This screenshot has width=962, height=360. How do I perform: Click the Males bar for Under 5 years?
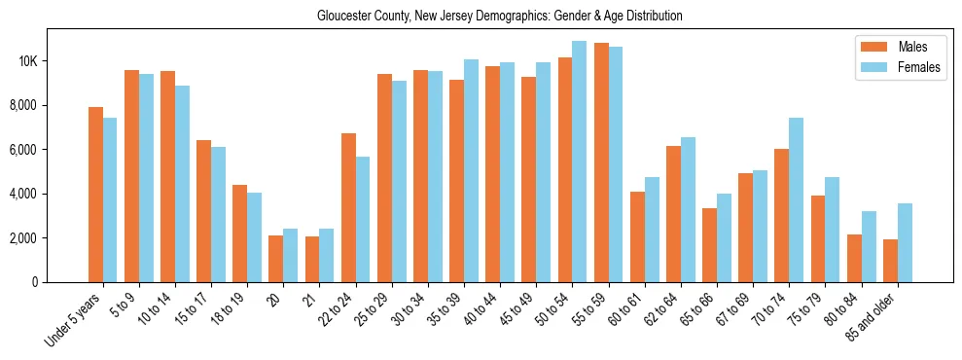tap(95, 195)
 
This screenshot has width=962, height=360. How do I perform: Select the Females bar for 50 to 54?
tap(579, 162)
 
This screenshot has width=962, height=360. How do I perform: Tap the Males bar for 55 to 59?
tap(601, 162)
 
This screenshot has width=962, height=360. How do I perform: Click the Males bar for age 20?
tap(276, 259)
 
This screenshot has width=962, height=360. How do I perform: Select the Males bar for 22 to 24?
tap(348, 207)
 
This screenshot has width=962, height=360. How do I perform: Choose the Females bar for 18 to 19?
tap(254, 237)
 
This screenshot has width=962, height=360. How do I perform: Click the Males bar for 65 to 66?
tap(709, 245)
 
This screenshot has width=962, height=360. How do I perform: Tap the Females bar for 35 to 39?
tap(471, 170)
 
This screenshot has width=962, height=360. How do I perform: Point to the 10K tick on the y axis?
tap(27, 61)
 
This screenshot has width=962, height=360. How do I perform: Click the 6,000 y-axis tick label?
tap(24, 150)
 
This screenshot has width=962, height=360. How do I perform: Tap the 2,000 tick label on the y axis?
tap(24, 238)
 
